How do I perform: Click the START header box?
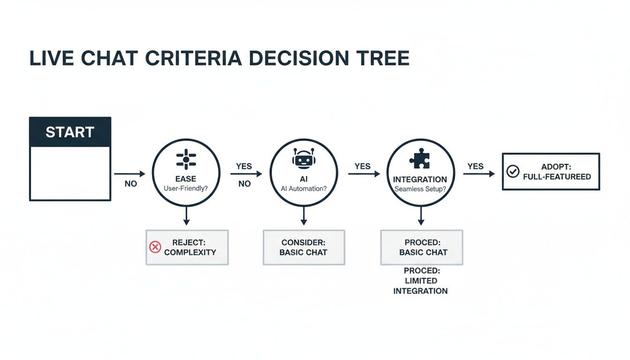pos(70,132)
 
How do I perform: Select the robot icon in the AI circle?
pos(303,159)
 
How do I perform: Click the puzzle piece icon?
pos(420,159)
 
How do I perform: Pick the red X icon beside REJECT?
pos(155,247)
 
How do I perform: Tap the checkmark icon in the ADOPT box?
pos(513,172)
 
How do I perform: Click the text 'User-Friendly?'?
pos(186,188)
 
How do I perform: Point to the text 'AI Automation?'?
pos(303,188)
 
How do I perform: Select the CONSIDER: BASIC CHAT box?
pos(304,247)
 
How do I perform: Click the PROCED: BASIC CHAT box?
pos(421,247)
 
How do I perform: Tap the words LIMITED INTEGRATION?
pos(420,286)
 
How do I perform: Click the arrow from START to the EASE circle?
pos(130,174)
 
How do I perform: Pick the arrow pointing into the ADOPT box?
pos(479,174)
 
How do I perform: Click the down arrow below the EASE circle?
pos(186,216)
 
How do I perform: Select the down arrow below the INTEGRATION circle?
pos(420,216)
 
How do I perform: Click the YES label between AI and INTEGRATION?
pos(362,166)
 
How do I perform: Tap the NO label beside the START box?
pos(131,184)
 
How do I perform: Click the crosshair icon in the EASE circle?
pos(186,159)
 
